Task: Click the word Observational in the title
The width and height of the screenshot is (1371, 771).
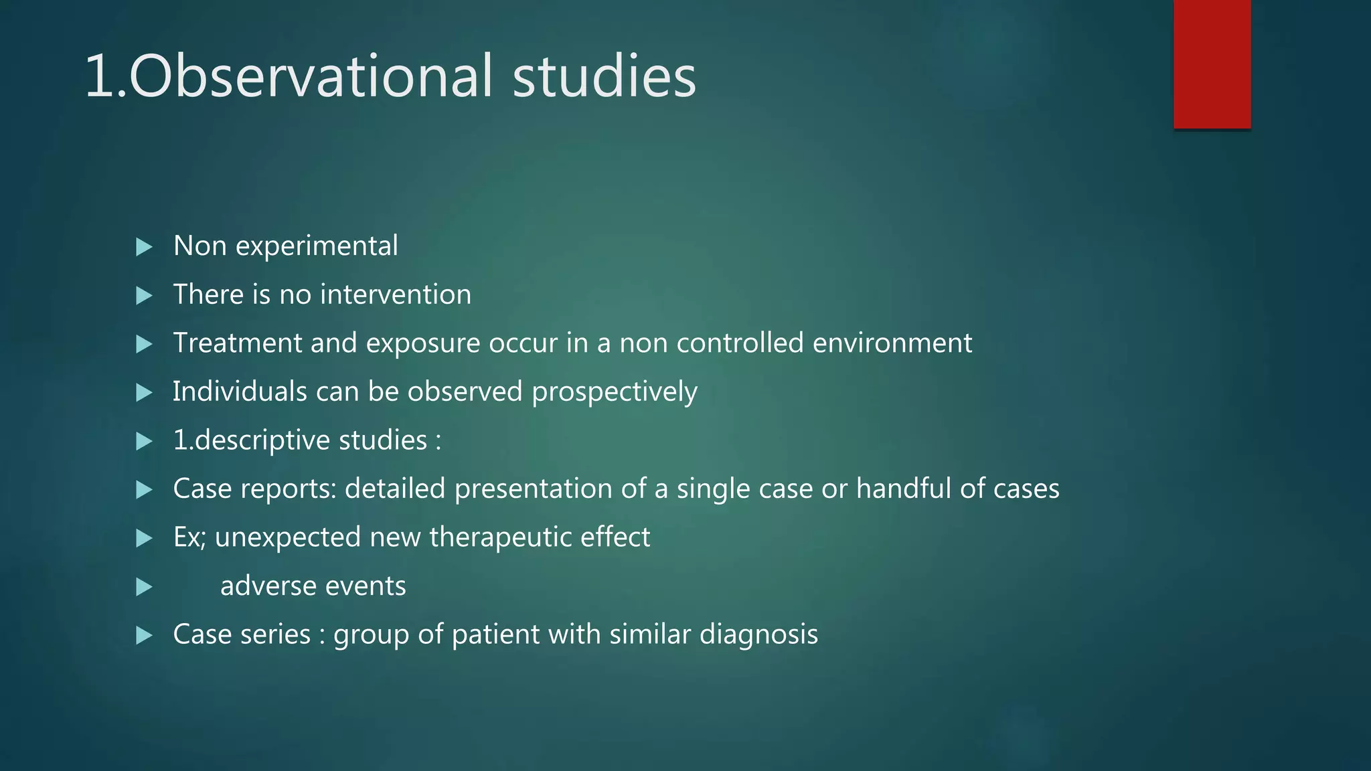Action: click(311, 76)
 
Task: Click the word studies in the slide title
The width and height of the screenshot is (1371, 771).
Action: click(604, 76)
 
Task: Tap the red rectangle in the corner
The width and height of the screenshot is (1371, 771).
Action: click(1212, 64)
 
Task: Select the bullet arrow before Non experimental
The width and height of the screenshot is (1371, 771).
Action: click(144, 247)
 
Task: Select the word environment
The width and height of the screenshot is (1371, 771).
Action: click(892, 343)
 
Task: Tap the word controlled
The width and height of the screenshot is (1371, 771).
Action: click(740, 343)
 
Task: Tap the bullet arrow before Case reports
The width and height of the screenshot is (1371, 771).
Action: click(144, 490)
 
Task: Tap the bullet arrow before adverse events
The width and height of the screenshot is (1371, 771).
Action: click(144, 587)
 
